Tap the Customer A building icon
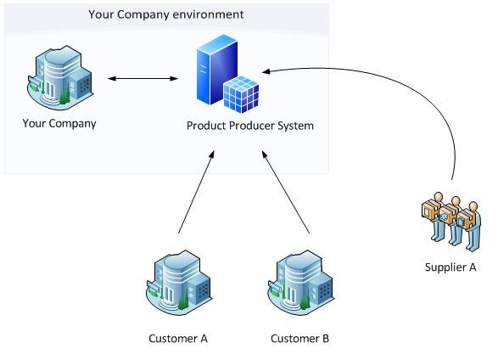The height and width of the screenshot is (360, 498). pyautogui.click(x=179, y=282)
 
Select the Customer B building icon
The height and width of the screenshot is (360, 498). pyautogui.click(x=300, y=282)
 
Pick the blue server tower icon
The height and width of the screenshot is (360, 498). pyautogui.click(x=217, y=70)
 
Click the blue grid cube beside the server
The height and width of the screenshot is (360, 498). pyautogui.click(x=241, y=94)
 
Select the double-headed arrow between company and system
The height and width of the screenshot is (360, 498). pyautogui.click(x=143, y=78)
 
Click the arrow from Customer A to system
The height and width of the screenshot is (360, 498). pyautogui.click(x=196, y=192)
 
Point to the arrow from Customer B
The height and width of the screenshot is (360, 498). pyautogui.click(x=286, y=192)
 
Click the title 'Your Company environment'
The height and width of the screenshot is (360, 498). pyautogui.click(x=165, y=14)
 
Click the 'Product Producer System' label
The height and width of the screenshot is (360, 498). pyautogui.click(x=250, y=126)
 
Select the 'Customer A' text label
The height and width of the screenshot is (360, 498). pyautogui.click(x=178, y=339)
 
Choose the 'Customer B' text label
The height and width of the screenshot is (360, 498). pyautogui.click(x=299, y=339)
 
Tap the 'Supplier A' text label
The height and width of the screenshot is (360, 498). pyautogui.click(x=450, y=267)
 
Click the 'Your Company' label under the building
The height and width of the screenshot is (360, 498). pyautogui.click(x=59, y=124)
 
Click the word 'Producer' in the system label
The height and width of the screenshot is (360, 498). pyautogui.click(x=252, y=126)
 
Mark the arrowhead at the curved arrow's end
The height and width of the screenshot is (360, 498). pyautogui.click(x=266, y=71)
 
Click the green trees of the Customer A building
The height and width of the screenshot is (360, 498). pyautogui.click(x=183, y=302)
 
